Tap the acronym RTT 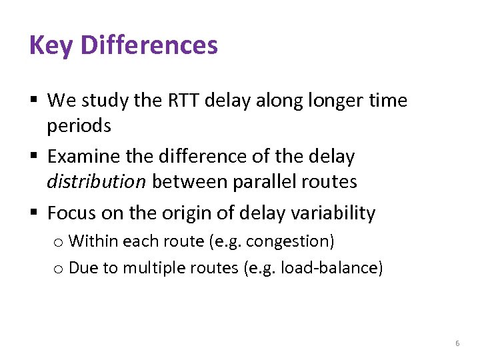(181, 101)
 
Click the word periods (79, 125)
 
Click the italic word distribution (96, 181)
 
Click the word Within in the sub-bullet (89, 241)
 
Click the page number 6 (457, 343)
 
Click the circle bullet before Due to (59, 269)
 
